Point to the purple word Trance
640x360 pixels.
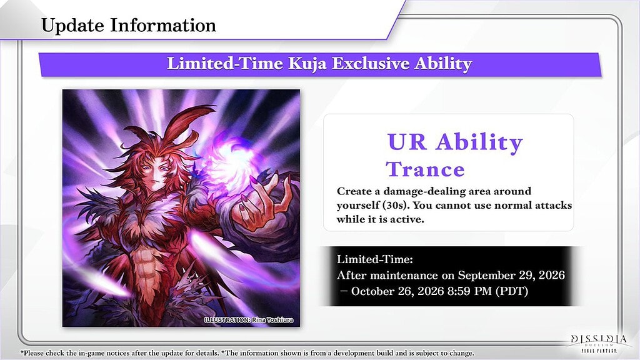[425, 169]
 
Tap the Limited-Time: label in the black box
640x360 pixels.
[375, 259]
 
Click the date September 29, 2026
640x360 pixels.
[511, 276]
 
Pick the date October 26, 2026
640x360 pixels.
[397, 291]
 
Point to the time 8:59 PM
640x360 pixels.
[469, 291]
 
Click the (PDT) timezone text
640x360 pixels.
[512, 291]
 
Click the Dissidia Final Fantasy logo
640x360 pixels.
[599, 343]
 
